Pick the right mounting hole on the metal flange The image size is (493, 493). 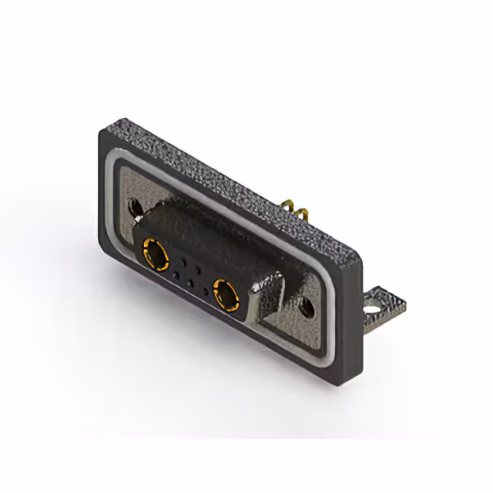coord(307,307)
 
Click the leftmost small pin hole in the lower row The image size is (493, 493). coord(175,275)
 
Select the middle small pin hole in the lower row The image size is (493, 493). coord(189,283)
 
